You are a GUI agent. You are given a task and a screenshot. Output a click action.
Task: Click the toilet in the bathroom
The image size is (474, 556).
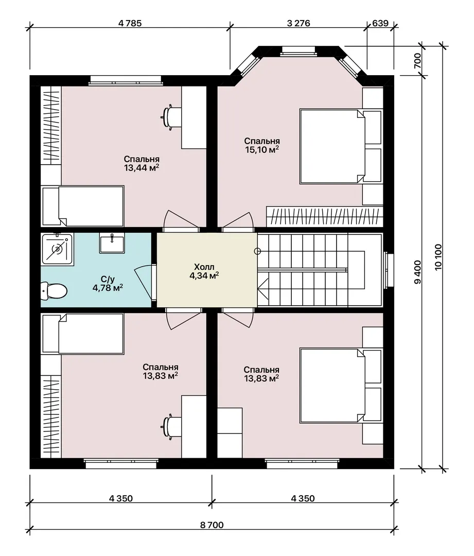pyautogui.click(x=54, y=291)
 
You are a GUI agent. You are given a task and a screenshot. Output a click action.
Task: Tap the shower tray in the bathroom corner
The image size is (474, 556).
pyautogui.click(x=57, y=249)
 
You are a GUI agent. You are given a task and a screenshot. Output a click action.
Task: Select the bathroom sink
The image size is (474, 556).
pyautogui.click(x=112, y=243)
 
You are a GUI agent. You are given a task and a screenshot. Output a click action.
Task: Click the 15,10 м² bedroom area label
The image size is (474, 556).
pyautogui.click(x=262, y=145)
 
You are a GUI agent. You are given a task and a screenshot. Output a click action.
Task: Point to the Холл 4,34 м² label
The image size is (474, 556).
pyautogui.click(x=204, y=271)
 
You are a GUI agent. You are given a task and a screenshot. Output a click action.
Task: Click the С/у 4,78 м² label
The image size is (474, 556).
pyautogui.click(x=108, y=284)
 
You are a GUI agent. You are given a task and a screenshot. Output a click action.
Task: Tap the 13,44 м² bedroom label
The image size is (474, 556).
pyautogui.click(x=142, y=164)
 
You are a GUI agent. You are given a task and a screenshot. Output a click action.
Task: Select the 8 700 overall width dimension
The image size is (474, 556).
pyautogui.click(x=212, y=525)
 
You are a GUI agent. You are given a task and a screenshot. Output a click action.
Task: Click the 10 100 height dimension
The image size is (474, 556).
pyautogui.click(x=438, y=257)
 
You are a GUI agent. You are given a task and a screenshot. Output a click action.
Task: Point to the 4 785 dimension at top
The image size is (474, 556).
pyautogui.click(x=130, y=23)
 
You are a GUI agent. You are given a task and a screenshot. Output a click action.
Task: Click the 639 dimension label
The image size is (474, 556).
pyautogui.click(x=380, y=23)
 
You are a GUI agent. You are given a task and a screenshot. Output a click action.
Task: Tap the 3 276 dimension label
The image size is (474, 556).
pyautogui.click(x=299, y=23)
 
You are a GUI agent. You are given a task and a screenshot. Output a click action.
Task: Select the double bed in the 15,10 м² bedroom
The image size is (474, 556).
pyautogui.click(x=332, y=146)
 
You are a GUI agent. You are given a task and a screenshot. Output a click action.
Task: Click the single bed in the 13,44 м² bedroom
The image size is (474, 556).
pyautogui.click(x=83, y=206)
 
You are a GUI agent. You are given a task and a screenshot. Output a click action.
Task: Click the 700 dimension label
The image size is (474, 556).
pyautogui.click(x=417, y=61)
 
